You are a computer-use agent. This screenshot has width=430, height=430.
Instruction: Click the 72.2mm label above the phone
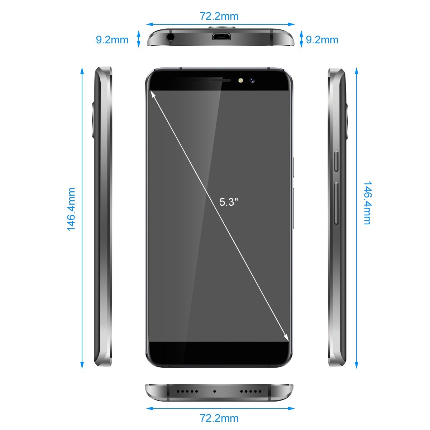click(219, 16)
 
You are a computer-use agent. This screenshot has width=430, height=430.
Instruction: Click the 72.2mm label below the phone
click(219, 418)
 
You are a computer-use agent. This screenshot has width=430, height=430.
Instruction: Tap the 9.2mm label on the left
click(112, 40)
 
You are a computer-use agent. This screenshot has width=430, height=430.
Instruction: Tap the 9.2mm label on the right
click(322, 40)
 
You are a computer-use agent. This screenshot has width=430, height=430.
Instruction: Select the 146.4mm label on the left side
click(71, 209)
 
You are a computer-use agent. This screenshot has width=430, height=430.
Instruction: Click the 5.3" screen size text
click(229, 202)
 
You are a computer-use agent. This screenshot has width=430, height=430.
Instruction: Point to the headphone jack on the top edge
click(171, 37)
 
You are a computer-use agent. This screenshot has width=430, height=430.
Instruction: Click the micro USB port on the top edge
click(221, 37)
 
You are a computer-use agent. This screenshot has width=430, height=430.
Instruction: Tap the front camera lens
click(252, 80)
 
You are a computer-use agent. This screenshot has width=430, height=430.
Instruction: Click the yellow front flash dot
click(240, 80)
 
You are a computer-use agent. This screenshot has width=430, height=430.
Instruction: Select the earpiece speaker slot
click(219, 80)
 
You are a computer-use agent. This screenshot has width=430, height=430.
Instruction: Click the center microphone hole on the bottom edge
click(214, 391)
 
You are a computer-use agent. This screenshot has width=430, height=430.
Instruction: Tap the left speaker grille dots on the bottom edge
click(187, 391)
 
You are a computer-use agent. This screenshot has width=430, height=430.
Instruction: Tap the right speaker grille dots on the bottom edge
click(250, 391)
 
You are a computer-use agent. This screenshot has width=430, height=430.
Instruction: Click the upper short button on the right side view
click(336, 161)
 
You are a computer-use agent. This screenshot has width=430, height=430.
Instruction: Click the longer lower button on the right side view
click(336, 203)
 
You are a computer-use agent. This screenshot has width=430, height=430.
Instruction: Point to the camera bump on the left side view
click(92, 120)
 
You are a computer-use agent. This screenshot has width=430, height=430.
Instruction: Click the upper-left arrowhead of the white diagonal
click(153, 94)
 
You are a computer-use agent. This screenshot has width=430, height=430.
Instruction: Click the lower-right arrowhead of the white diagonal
click(286, 338)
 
